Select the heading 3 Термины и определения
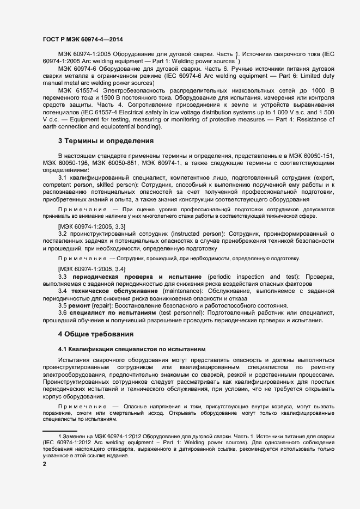point(106,141)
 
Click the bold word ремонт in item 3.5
point(80,306)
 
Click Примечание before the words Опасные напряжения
point(82,407)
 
